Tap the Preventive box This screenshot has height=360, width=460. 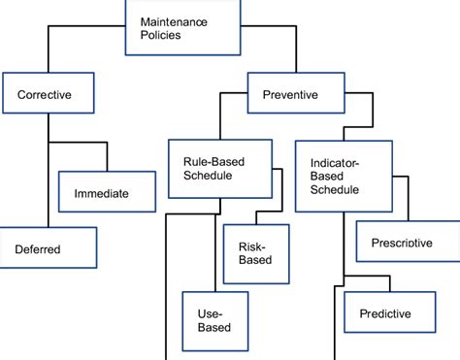pos(297,95)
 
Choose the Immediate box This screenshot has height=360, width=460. pos(107,193)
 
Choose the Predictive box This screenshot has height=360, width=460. pos(385,313)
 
